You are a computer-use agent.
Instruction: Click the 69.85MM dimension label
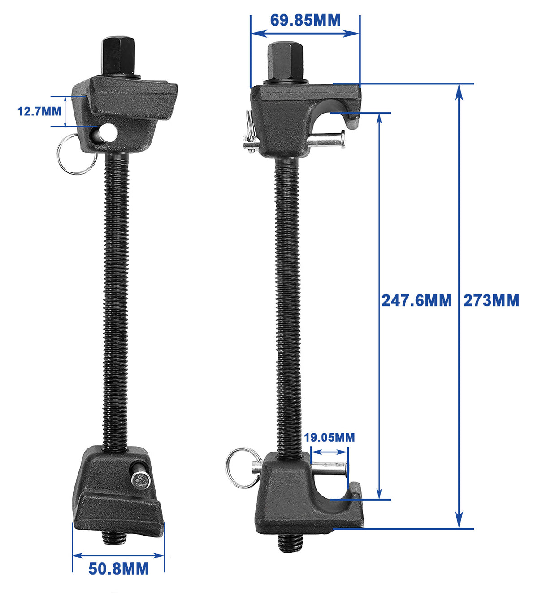click(x=305, y=20)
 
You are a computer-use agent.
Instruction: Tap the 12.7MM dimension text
click(x=39, y=111)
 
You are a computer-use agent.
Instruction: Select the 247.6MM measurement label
click(x=417, y=300)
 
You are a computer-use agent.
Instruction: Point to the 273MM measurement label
click(x=491, y=300)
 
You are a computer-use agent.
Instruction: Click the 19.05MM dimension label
click(x=329, y=438)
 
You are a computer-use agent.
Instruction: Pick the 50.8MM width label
click(x=118, y=568)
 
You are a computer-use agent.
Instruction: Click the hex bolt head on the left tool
click(x=118, y=56)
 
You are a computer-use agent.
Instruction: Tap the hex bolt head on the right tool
click(x=286, y=61)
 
